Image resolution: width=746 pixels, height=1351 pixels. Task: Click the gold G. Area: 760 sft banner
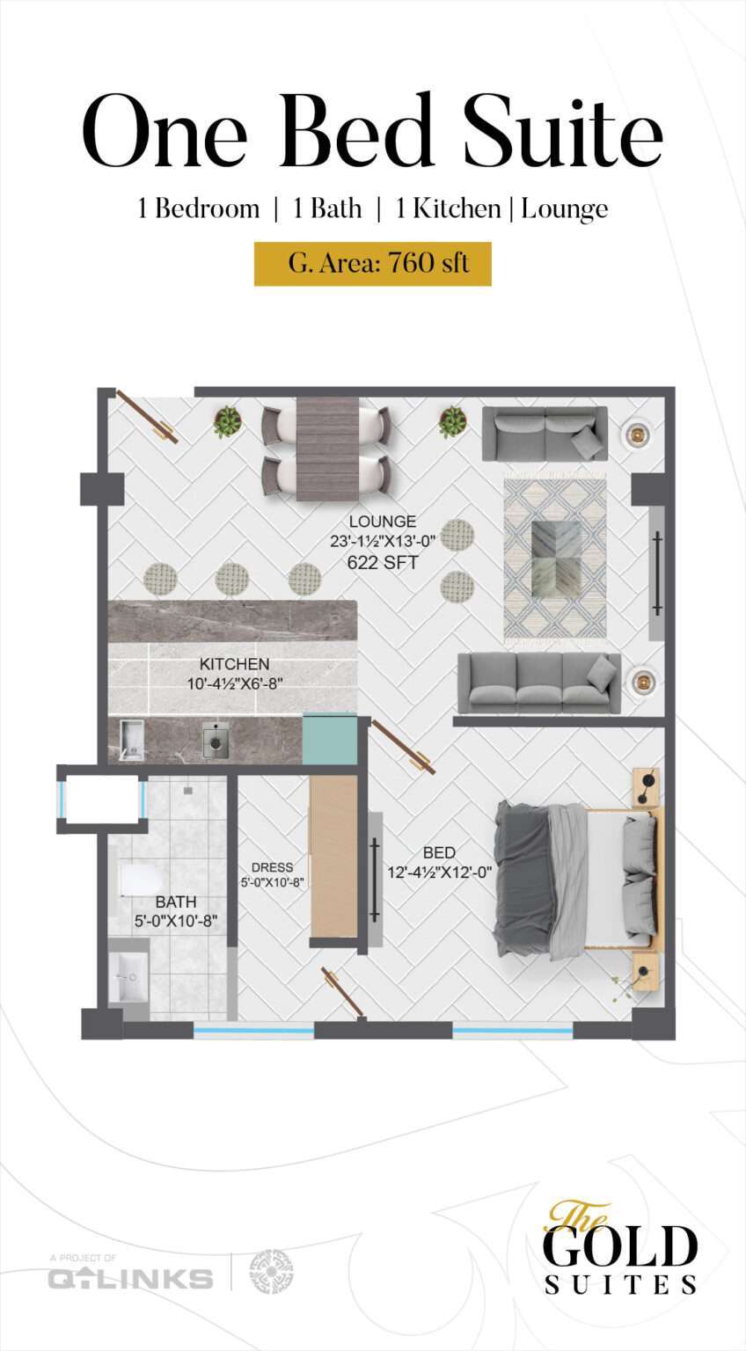tap(373, 264)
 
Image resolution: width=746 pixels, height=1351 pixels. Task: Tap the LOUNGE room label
tap(383, 521)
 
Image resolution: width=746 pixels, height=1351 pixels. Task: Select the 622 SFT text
tap(383, 563)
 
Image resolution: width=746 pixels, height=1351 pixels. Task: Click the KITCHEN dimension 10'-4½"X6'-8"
tap(235, 684)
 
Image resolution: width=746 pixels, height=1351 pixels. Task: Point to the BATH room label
tap(175, 902)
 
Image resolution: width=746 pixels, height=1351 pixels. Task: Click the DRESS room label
tap(272, 867)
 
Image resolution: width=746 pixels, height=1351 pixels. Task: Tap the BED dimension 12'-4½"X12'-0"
tap(440, 873)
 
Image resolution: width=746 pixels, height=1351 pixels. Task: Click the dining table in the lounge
tap(327, 448)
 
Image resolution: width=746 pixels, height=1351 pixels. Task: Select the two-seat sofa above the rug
tap(545, 433)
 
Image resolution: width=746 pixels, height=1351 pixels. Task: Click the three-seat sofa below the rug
tap(539, 683)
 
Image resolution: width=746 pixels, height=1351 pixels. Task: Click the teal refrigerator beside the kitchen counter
tap(330, 738)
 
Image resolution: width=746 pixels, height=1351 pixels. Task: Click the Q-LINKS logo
tap(130, 1277)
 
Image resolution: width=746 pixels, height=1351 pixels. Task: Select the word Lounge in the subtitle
tap(565, 210)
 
